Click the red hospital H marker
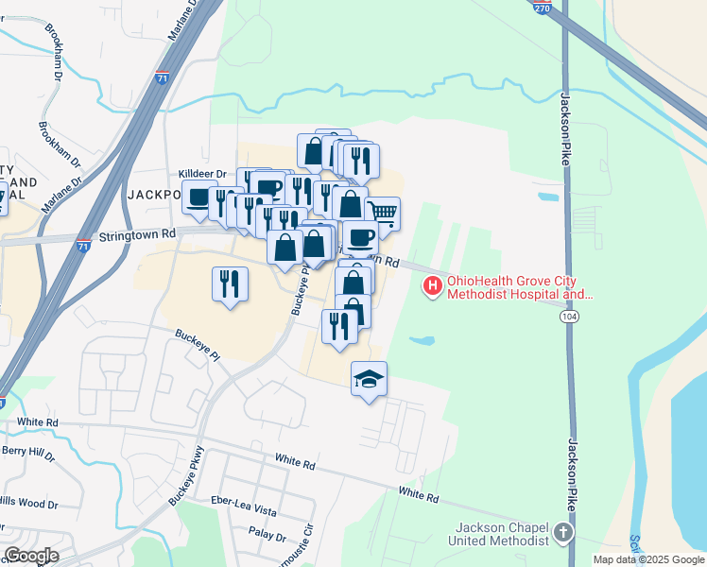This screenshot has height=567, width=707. tap(433, 285)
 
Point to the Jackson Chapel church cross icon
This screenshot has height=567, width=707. tap(564, 533)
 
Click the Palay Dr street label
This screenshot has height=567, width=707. tap(267, 537)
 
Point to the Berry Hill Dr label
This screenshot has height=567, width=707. tap(27, 454)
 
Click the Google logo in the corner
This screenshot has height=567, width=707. tap(30, 556)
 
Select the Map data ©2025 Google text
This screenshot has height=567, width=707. tap(647, 559)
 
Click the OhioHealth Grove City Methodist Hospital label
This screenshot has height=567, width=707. tap(520, 288)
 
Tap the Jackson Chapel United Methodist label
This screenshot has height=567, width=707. tap(502, 534)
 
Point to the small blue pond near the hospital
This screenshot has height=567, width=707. tap(422, 340)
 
